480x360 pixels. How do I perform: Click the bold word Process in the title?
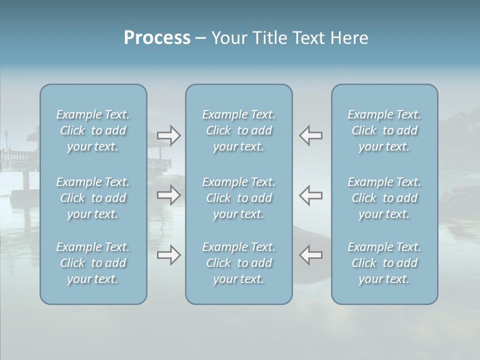tap(157, 38)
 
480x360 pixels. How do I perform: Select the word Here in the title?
tap(349, 38)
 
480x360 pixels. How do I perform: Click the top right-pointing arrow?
tap(168, 135)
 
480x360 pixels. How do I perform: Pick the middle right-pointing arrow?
tap(168, 195)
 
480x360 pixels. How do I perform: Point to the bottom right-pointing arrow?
tap(168, 255)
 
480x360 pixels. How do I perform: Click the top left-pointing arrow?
tap(311, 135)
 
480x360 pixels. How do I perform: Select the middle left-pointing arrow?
tap(311, 195)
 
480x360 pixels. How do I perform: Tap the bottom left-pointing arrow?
tap(311, 255)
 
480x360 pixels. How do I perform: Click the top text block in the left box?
tap(93, 130)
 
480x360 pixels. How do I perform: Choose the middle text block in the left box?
tap(93, 198)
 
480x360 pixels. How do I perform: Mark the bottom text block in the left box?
tap(93, 263)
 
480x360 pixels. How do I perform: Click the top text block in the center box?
tap(238, 130)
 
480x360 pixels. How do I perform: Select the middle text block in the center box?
tap(238, 198)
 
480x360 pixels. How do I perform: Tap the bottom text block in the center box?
tap(238, 263)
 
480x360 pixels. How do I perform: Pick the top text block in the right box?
tap(384, 130)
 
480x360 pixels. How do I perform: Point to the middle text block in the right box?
tap(384, 198)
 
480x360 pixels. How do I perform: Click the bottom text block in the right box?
tap(384, 263)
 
